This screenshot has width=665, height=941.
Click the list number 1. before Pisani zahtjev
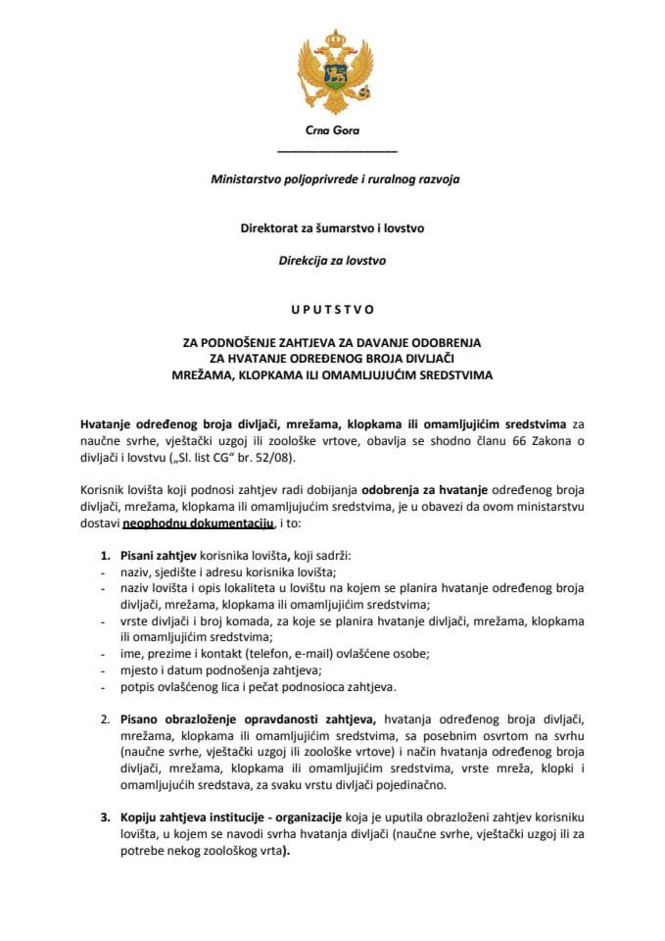[106, 555]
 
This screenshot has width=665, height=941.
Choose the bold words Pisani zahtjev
[160, 555]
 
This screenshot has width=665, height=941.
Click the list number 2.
[106, 720]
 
